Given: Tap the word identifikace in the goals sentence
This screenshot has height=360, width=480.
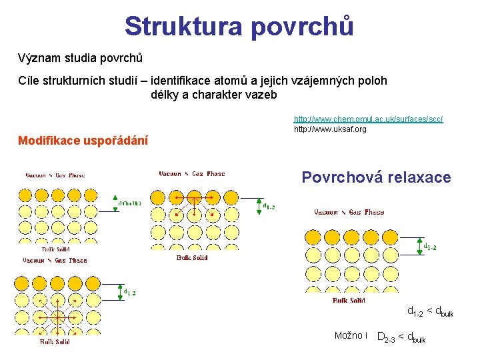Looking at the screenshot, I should (184, 81).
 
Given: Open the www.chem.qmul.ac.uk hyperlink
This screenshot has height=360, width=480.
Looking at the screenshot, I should (368, 119).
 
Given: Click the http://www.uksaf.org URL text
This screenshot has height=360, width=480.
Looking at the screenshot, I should (330, 129).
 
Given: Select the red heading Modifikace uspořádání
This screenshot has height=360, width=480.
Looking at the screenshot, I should (83, 141).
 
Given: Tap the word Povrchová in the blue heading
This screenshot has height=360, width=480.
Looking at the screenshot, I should (340, 177).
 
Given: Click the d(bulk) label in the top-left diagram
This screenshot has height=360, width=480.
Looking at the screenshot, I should (130, 204).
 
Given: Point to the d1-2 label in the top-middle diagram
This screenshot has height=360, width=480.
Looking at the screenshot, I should (269, 207).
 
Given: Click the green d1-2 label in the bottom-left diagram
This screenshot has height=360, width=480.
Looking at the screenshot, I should (130, 291).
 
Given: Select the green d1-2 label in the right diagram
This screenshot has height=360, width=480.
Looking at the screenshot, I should (430, 247).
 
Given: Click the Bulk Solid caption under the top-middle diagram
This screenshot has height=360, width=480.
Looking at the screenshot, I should (192, 257).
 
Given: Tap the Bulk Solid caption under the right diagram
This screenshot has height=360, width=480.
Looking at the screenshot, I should (349, 301).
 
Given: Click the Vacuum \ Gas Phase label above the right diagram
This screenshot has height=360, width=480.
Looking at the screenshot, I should (349, 212).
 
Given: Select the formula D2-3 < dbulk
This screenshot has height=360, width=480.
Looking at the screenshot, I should (401, 337).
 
